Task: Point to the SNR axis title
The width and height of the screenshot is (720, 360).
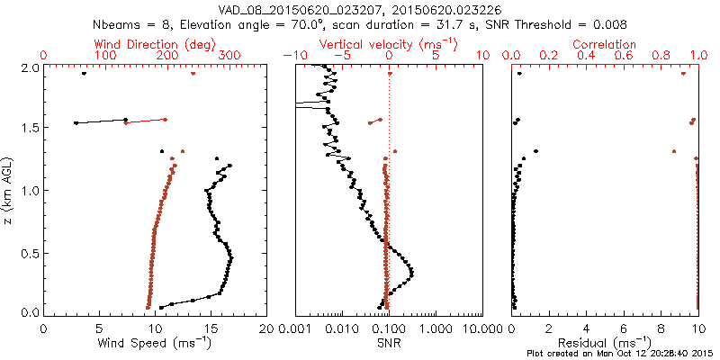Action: pos(389,343)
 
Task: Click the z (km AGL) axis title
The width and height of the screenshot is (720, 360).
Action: pos(8,189)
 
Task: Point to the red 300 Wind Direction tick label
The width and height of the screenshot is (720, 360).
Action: pos(230,56)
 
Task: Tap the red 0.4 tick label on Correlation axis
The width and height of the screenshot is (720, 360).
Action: pos(586,56)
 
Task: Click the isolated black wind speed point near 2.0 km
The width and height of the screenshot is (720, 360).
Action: pos(84,74)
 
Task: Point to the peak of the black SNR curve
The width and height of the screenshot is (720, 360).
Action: pos(411,271)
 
